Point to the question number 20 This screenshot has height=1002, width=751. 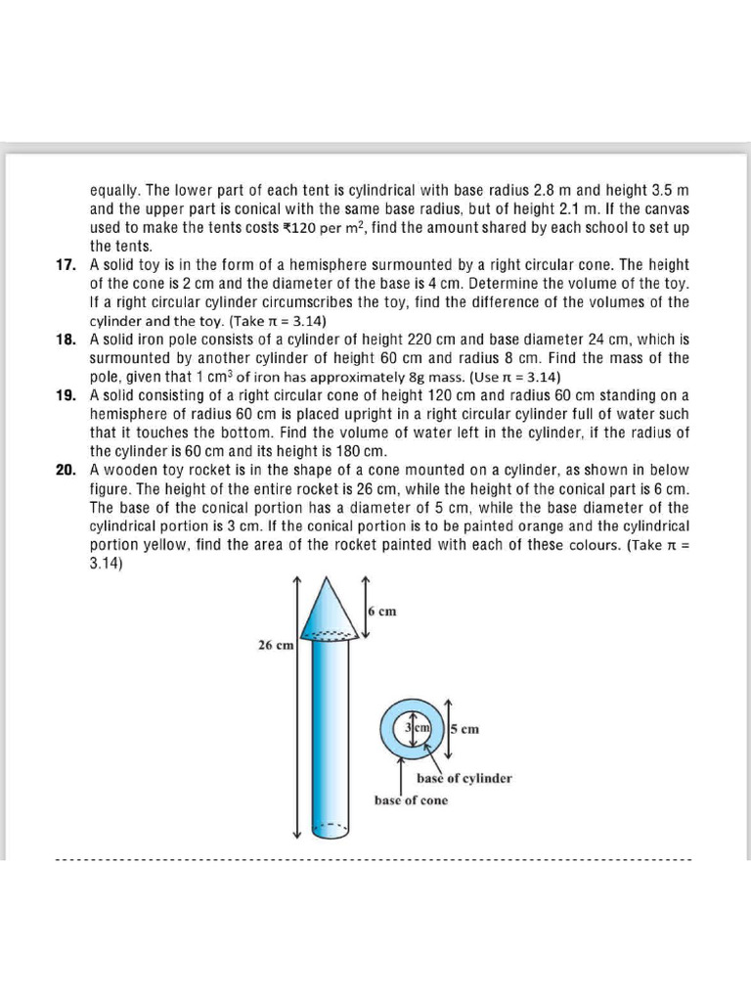(66, 470)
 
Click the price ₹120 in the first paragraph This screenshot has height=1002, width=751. (298, 228)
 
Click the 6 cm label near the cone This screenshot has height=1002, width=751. (382, 612)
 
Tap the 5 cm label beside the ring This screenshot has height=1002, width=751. (464, 729)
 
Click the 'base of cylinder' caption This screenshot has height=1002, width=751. (464, 779)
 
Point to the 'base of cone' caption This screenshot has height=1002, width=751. (411, 800)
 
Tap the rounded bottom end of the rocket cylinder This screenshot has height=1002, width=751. (330, 833)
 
